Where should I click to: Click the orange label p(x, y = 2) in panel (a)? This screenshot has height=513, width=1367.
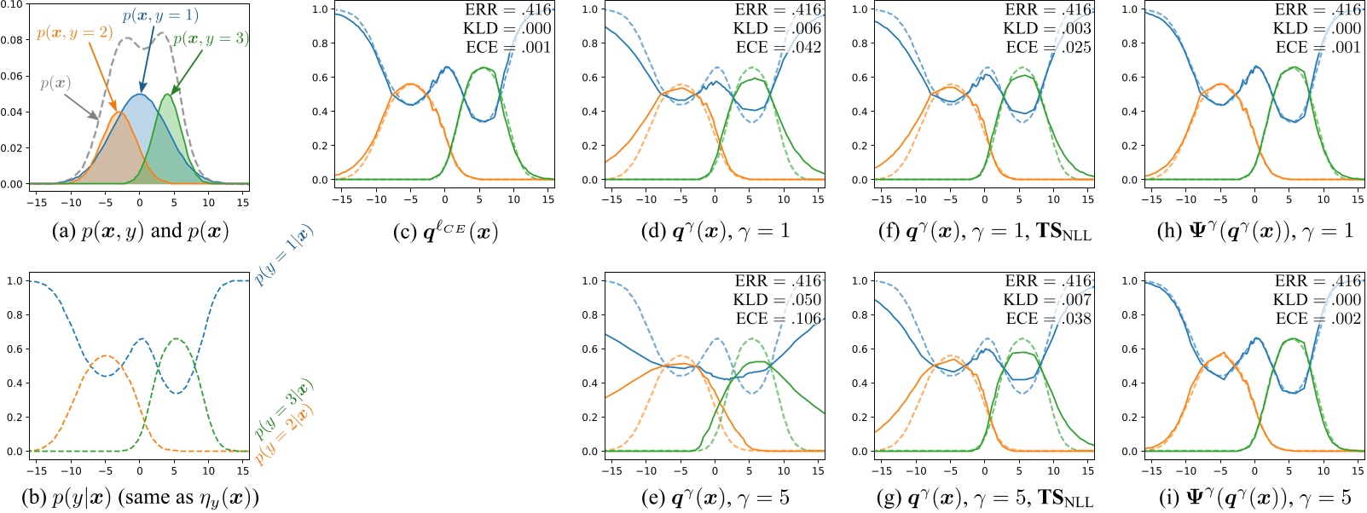(x=74, y=33)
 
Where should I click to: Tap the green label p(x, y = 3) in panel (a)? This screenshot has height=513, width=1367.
(x=211, y=39)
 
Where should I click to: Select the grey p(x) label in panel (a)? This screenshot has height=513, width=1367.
(x=55, y=84)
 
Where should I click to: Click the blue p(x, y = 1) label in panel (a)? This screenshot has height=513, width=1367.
(x=160, y=15)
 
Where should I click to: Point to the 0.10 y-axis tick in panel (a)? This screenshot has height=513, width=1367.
(x=12, y=4)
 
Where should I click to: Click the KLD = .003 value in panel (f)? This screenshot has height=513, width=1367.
(x=1047, y=29)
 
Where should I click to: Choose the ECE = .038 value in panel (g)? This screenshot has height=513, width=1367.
(x=1047, y=319)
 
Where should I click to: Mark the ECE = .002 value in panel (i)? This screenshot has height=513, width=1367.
(x=1318, y=319)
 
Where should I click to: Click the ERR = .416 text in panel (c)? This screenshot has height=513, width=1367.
(x=507, y=10)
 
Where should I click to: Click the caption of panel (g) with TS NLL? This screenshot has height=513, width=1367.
(x=984, y=499)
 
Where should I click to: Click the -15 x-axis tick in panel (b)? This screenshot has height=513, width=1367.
(x=37, y=470)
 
